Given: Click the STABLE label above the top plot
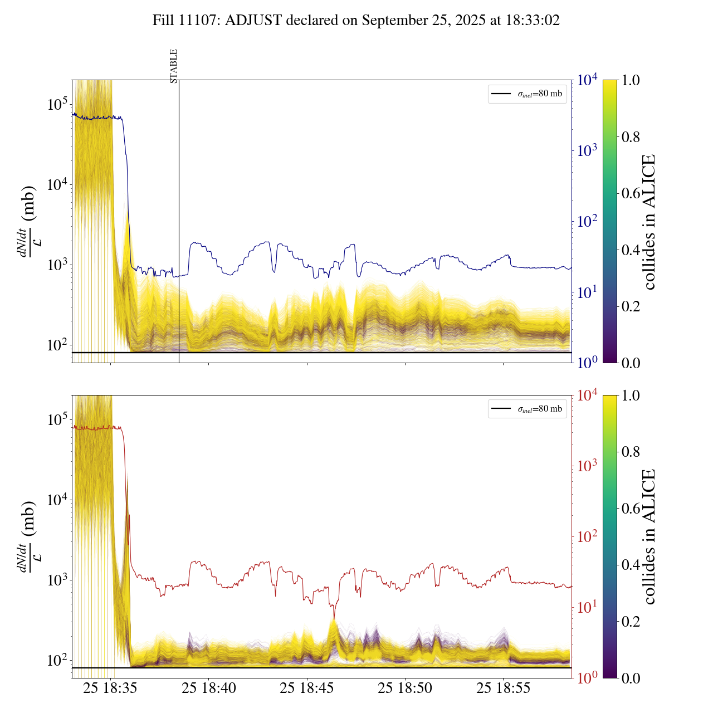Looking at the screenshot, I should click(174, 66).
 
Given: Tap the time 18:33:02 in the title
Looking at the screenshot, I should click(532, 21).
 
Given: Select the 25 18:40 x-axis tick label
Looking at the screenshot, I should click(209, 688).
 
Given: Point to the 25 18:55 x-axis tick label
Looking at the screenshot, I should click(503, 688).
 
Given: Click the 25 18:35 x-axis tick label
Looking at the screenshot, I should click(110, 688).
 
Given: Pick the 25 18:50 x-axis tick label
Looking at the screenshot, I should click(405, 688).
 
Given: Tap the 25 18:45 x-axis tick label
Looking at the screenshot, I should click(307, 688).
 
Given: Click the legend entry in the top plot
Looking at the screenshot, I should click(527, 94).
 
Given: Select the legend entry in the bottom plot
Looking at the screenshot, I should click(527, 409).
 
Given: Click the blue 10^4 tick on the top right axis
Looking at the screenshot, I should click(588, 80).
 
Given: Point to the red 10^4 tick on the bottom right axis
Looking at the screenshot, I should click(588, 395).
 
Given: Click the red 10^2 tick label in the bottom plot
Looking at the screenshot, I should click(587, 536).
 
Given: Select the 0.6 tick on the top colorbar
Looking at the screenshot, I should click(631, 193).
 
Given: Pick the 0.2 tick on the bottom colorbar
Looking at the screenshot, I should click(631, 621).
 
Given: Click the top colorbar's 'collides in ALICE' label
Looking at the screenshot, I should click(648, 222).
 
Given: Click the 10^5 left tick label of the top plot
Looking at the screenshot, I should click(57, 105).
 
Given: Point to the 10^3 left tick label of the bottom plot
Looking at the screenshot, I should click(57, 580).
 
